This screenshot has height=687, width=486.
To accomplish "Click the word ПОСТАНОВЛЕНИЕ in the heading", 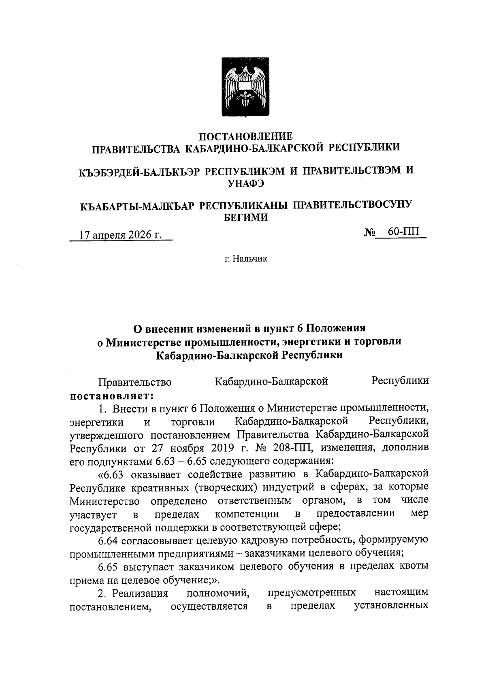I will coord(246,136).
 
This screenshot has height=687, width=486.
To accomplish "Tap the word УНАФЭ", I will coord(246,183).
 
